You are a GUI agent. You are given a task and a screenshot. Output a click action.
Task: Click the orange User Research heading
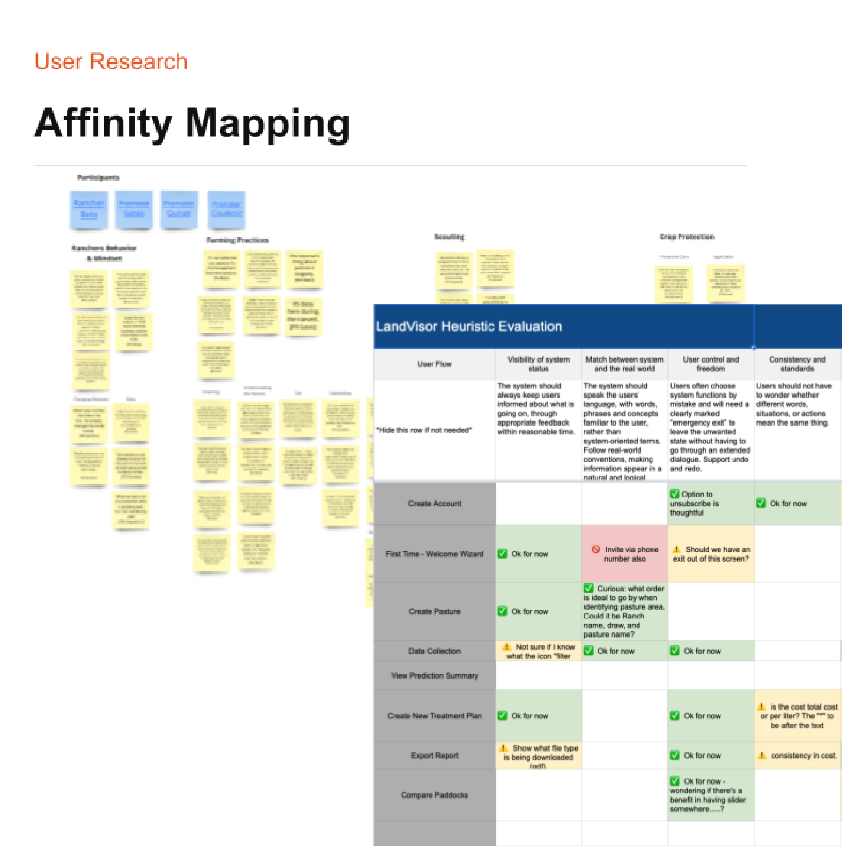coord(110,62)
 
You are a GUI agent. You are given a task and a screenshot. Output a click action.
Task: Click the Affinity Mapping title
coord(192,123)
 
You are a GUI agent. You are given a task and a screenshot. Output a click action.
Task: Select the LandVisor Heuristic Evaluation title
coord(469,326)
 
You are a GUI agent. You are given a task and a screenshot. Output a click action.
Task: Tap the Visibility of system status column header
coord(538,364)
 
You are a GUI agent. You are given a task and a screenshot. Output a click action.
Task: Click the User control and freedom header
coord(710,364)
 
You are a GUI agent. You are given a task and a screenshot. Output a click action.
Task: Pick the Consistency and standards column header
coord(797,364)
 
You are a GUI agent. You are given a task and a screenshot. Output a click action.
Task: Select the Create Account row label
coord(435,503)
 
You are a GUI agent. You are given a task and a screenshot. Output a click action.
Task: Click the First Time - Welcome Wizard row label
coord(435,554)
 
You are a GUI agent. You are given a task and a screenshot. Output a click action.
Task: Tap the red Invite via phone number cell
coord(625,554)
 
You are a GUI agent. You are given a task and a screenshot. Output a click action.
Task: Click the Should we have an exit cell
coord(711,554)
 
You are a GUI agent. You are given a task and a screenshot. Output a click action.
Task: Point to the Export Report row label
coord(435,755)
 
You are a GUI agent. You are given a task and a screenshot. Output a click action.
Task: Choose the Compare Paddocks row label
coord(435,795)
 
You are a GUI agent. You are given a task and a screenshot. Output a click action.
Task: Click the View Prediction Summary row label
coord(435,676)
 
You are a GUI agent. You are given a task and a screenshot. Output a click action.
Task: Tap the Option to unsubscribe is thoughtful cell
coord(710,503)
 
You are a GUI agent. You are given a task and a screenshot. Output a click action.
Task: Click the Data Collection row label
coord(435,651)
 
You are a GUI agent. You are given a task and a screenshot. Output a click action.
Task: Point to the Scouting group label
coord(449,237)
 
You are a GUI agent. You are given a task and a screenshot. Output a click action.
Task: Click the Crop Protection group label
coord(687,237)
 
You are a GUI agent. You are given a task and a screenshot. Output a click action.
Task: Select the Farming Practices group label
coord(237,240)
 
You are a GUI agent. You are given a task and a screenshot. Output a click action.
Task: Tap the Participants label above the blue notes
coord(98,178)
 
